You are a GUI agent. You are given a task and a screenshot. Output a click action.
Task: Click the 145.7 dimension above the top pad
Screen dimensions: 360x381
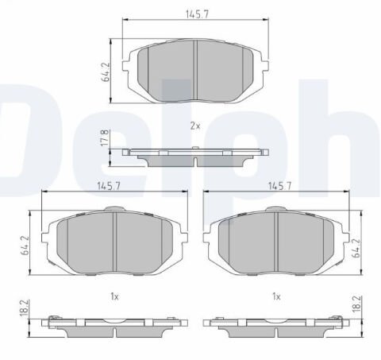pos(194,14)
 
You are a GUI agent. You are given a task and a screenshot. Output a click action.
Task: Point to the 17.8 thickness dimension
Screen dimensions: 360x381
pos(115,138)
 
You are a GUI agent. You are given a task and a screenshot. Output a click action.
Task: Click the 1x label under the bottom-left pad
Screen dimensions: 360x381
pos(114,296)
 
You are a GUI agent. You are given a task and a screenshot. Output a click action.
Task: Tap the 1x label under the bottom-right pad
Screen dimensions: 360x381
pos(277,296)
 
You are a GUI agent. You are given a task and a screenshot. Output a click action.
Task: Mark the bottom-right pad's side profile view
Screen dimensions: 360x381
pos(275,325)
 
